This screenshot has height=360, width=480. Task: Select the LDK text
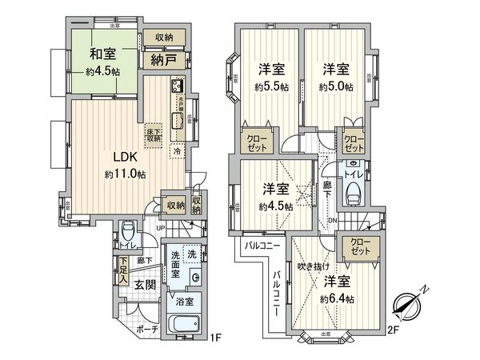(123, 157)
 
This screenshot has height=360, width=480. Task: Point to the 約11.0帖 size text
(124, 174)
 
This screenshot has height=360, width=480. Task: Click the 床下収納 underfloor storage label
(154, 134)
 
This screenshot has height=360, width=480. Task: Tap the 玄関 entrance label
(146, 284)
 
